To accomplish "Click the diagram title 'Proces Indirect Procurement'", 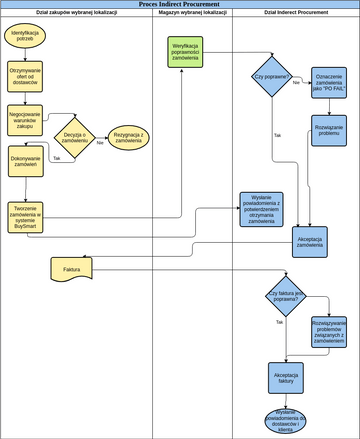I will (x=180, y=5).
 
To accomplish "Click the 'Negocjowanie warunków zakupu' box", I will (x=25, y=119).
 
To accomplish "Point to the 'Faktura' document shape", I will (x=71, y=269).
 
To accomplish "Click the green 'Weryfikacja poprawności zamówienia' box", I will (x=185, y=52).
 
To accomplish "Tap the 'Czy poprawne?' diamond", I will (x=271, y=77).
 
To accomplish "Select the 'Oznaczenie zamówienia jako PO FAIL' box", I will (x=329, y=84).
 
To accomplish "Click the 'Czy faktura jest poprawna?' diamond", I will (x=286, y=297).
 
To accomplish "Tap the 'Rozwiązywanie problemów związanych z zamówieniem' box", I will (x=329, y=334).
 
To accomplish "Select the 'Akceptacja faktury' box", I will (x=285, y=377).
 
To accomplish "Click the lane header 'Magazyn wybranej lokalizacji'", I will (x=193, y=14).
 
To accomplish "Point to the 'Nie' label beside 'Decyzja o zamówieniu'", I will (x=100, y=143).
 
